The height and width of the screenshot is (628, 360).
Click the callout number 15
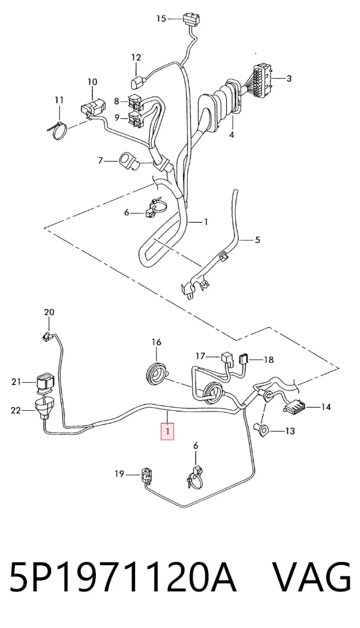click(x=161, y=19)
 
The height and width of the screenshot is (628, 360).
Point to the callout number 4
click(x=232, y=134)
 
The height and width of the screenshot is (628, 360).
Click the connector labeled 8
click(x=134, y=102)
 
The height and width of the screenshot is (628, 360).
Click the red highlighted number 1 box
click(x=167, y=432)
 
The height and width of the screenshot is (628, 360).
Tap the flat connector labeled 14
click(x=295, y=408)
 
